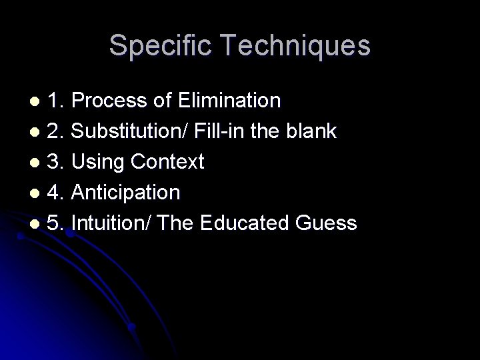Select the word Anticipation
pyautogui.click(x=125, y=193)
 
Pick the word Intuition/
pyautogui.click(x=113, y=223)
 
